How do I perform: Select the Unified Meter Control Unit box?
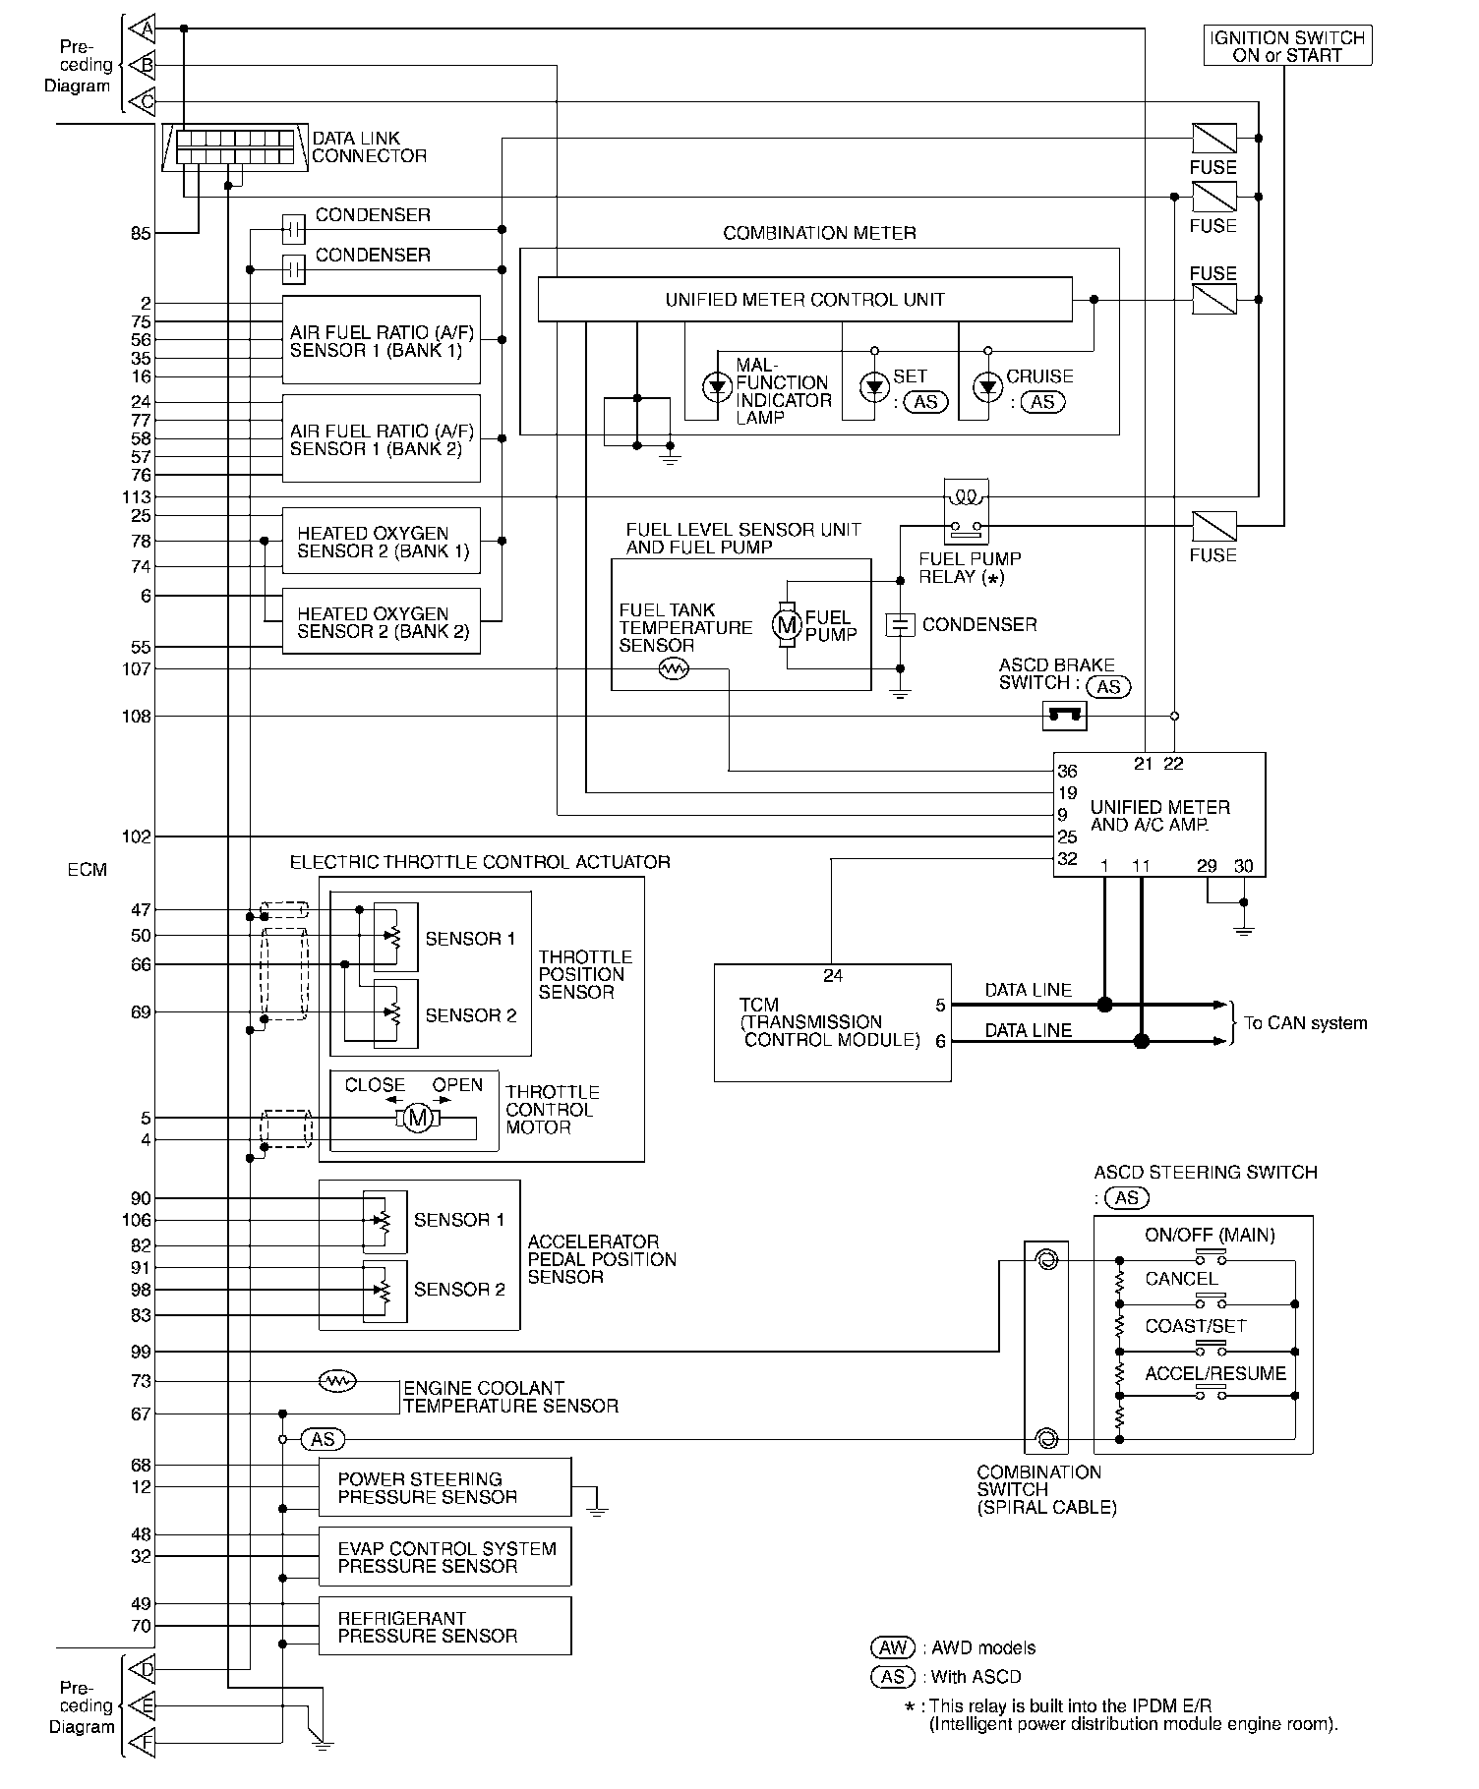tap(804, 299)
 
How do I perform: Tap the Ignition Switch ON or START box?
tap(1287, 46)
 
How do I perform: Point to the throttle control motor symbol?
tap(418, 1118)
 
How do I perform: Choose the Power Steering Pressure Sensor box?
tap(444, 1487)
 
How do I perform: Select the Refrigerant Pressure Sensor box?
tap(444, 1626)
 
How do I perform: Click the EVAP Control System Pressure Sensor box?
tap(444, 1556)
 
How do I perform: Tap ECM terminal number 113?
tap(137, 497)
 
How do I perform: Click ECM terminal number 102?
tap(137, 837)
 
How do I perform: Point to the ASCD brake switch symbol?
tap(1064, 717)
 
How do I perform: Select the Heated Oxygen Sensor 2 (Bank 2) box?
tap(382, 621)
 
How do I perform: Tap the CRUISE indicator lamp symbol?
tap(987, 387)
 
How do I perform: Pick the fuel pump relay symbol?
tap(966, 511)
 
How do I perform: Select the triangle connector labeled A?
tap(143, 29)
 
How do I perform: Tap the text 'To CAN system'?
tap(1305, 1022)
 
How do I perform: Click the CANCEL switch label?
tap(1181, 1279)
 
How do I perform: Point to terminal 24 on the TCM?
tap(833, 976)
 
